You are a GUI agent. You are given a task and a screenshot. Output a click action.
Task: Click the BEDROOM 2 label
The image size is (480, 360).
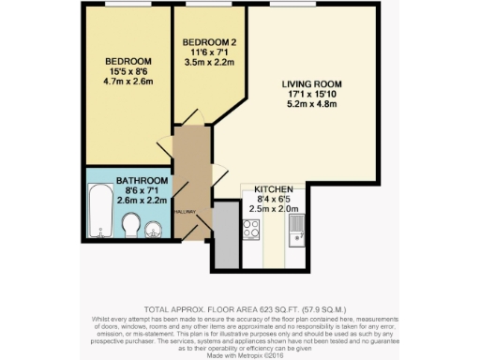click(207, 42)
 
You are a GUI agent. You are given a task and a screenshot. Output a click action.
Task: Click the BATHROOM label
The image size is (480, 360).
click(142, 180)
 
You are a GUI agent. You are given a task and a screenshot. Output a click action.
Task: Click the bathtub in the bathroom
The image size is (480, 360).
click(99, 212)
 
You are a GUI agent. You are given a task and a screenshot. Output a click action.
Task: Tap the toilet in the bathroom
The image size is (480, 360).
click(132, 226)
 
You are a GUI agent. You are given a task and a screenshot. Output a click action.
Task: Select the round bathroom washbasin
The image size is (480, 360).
click(155, 228)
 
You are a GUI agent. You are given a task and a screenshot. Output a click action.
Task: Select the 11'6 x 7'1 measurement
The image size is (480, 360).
click(207, 52)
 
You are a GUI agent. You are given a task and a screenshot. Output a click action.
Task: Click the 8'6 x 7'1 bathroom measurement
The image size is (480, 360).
click(142, 190)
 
